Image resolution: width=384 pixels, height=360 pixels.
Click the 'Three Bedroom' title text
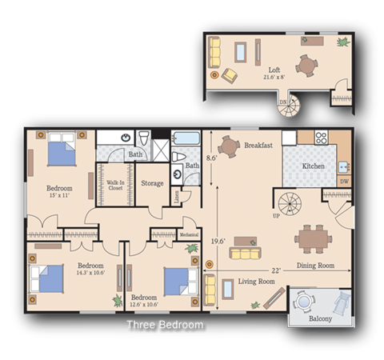[x=165, y=326]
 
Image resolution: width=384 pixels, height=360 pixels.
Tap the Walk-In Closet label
[x=115, y=186]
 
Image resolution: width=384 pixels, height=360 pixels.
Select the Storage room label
[x=152, y=183]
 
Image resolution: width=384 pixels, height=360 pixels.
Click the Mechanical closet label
[x=189, y=234]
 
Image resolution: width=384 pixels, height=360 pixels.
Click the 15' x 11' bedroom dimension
[x=60, y=197]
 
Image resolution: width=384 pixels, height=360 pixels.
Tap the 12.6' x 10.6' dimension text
[x=144, y=304]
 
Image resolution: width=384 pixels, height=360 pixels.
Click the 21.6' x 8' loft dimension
[x=274, y=78]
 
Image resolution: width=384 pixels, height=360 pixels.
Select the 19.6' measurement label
[x=218, y=239]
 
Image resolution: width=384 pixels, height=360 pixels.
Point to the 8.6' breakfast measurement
[x=212, y=158]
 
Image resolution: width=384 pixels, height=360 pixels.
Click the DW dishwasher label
[x=344, y=182]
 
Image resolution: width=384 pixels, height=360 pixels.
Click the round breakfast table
[x=229, y=146]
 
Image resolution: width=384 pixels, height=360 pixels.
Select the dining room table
[x=312, y=238]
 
